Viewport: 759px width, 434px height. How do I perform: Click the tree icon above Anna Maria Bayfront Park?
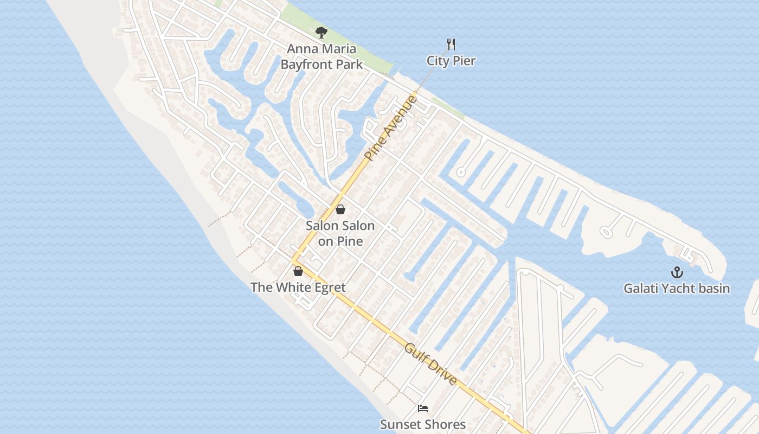pyautogui.click(x=321, y=33)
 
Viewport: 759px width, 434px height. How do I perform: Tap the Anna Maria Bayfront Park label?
pyautogui.click(x=321, y=56)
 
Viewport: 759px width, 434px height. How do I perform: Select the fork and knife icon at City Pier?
pyautogui.click(x=451, y=44)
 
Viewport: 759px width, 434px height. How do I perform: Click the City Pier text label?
pyautogui.click(x=451, y=61)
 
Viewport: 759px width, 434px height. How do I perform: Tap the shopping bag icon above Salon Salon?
pyautogui.click(x=340, y=209)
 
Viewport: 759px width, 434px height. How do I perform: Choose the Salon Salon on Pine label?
pyautogui.click(x=340, y=233)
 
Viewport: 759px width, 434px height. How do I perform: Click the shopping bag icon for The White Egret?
pyautogui.click(x=298, y=271)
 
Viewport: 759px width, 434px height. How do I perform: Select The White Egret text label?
pyautogui.click(x=298, y=287)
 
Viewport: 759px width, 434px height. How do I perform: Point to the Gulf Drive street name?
pyautogui.click(x=430, y=364)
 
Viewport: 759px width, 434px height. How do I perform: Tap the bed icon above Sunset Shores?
pyautogui.click(x=423, y=409)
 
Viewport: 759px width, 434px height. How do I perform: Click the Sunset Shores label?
pyautogui.click(x=423, y=424)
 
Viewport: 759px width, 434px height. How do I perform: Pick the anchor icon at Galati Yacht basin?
pyautogui.click(x=677, y=272)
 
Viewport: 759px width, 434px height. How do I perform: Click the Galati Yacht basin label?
pyautogui.click(x=677, y=288)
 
